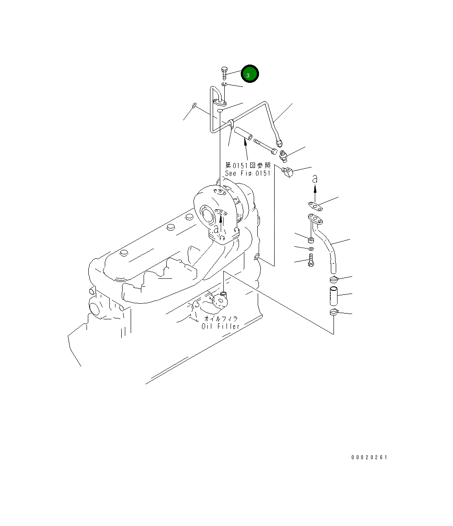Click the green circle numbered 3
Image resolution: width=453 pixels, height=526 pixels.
coord(250,74)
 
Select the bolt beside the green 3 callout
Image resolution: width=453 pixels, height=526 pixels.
coord(224,73)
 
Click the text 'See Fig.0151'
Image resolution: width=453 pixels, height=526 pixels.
coord(248,173)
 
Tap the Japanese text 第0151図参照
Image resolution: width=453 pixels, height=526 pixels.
coord(248,165)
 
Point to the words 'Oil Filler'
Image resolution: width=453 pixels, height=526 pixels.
coord(221,326)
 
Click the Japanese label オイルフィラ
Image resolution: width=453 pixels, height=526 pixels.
coord(221,319)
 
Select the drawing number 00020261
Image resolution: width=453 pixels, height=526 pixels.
coord(369,457)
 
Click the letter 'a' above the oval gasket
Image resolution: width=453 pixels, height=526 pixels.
coord(315,179)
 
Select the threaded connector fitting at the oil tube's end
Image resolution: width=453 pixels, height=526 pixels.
coord(284,156)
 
